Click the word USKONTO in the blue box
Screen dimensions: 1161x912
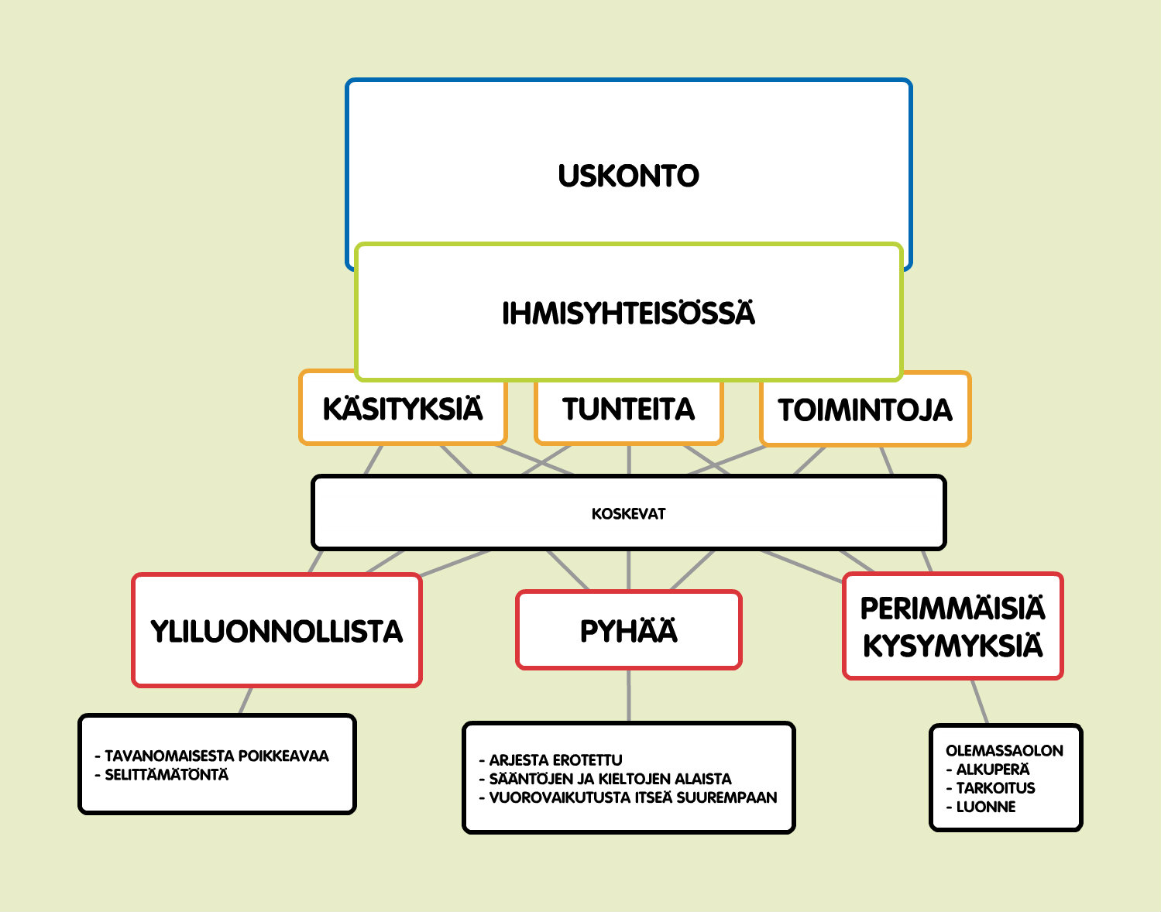coord(628,176)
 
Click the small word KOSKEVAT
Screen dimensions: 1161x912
coord(628,513)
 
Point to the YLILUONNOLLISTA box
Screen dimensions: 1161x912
coord(277,630)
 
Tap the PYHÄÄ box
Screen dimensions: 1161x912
coord(628,630)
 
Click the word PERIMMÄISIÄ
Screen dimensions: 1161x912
coord(953,609)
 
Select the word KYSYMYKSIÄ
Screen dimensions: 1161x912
coord(953,646)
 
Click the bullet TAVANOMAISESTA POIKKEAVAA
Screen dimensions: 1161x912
coord(211,756)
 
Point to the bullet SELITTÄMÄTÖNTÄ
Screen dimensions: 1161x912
coord(161,774)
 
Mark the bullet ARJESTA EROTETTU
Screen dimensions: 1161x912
coord(551,759)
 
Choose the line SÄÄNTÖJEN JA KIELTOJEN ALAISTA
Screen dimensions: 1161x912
coord(606,779)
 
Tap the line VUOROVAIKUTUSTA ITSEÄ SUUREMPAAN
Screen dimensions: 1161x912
coord(628,797)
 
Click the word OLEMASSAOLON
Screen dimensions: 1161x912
coord(1005,750)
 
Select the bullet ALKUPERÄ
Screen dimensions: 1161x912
coord(988,769)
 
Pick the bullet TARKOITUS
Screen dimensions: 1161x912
coord(991,787)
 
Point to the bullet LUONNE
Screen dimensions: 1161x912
coord(981,806)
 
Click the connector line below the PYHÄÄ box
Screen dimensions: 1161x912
coord(628,696)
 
